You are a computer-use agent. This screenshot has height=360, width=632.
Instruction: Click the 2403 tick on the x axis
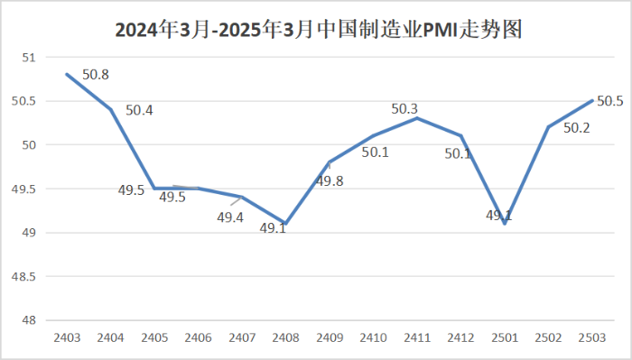[x=67, y=338]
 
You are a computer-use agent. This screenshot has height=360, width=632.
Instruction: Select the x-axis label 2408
[x=285, y=338]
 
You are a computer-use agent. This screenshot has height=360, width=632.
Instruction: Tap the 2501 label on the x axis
[x=505, y=338]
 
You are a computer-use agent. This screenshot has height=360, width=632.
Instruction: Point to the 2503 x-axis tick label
[x=592, y=338]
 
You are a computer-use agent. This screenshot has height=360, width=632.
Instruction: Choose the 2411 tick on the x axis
[x=417, y=338]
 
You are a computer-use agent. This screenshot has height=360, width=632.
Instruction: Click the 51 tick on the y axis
[x=27, y=58]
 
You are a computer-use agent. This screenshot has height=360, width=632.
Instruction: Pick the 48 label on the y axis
[x=27, y=320]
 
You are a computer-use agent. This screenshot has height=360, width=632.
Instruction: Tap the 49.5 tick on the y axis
[x=23, y=189]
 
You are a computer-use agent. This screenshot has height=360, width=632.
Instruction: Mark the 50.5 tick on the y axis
[x=23, y=101]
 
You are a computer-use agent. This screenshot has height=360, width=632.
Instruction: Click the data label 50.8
[x=96, y=75]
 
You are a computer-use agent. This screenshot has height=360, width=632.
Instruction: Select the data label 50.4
[x=139, y=111]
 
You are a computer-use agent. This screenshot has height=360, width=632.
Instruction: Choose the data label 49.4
[x=230, y=217]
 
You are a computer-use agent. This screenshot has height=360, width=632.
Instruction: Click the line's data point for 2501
[x=505, y=224]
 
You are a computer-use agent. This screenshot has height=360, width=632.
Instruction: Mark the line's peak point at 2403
[x=67, y=74]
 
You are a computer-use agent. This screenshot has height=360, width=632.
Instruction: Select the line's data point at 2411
[x=417, y=118]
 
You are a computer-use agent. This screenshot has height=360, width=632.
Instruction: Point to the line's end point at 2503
[x=592, y=100]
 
